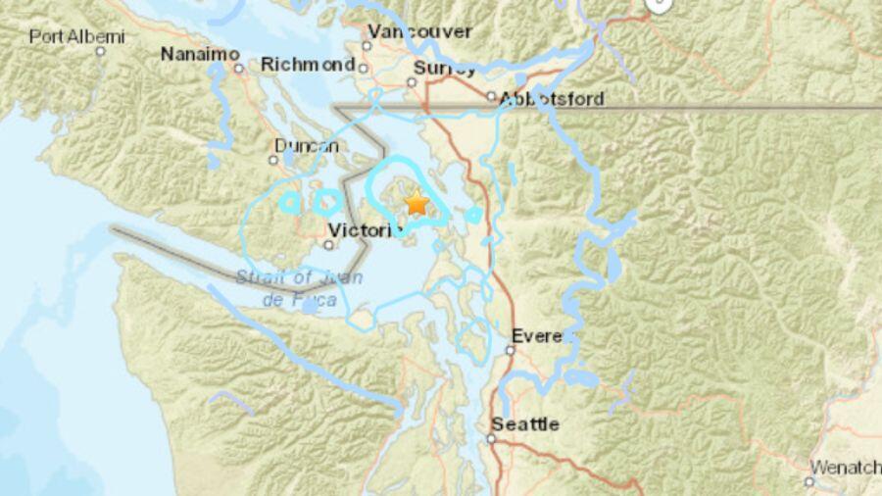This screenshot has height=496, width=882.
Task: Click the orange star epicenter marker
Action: coord(416,203)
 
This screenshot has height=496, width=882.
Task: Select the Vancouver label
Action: coord(420,31)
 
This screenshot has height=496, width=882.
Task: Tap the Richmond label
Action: coord(307,65)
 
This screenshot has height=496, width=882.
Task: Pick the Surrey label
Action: coord(445,68)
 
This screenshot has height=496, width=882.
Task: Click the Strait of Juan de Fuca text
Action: coord(299,288)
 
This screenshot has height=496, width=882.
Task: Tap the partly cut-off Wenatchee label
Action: coord(845,468)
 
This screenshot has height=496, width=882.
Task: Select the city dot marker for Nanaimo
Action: coord(238,68)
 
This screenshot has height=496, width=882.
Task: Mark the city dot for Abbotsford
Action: coord(492,96)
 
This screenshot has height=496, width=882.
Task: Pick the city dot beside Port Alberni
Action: coord(100,50)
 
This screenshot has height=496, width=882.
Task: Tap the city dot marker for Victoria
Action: coord(329,244)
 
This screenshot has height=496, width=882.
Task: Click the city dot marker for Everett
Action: coord(511,349)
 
